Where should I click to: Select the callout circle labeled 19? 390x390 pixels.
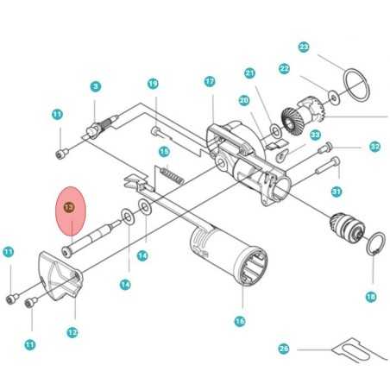[153, 84]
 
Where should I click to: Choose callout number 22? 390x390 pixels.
[284, 68]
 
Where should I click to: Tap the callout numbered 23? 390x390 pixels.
[304, 47]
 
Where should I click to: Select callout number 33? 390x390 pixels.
[315, 135]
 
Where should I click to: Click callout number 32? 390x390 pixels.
[374, 147]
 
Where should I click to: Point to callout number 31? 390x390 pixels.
[337, 192]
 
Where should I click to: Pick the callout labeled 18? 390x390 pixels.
[371, 297]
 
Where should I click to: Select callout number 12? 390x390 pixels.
[72, 331]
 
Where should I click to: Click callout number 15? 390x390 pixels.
[163, 152]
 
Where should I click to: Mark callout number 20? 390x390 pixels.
[244, 101]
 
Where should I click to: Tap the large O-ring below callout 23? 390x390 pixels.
[353, 85]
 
